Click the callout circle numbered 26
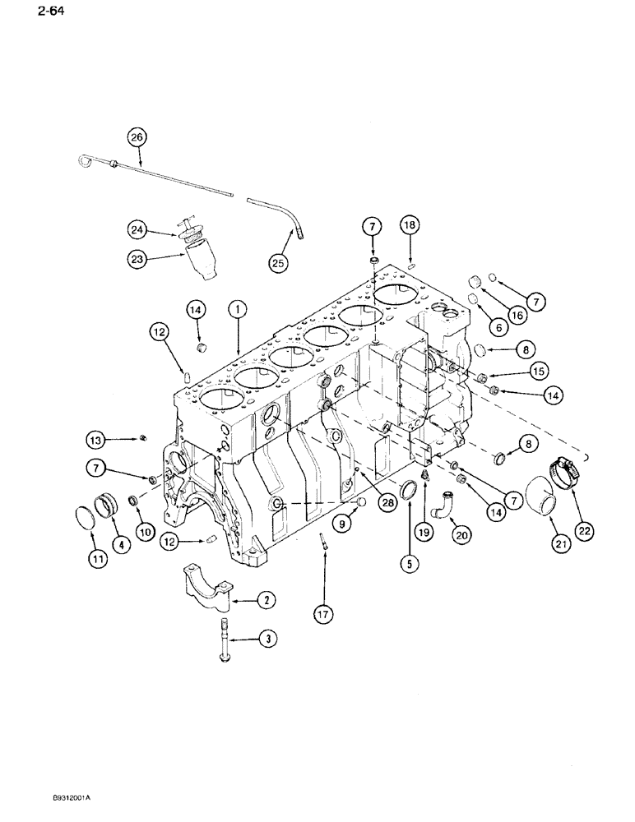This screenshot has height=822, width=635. point(137,136)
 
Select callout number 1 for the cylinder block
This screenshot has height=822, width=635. point(237,310)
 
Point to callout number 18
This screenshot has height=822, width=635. point(409,224)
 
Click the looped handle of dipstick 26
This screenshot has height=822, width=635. point(85,158)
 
